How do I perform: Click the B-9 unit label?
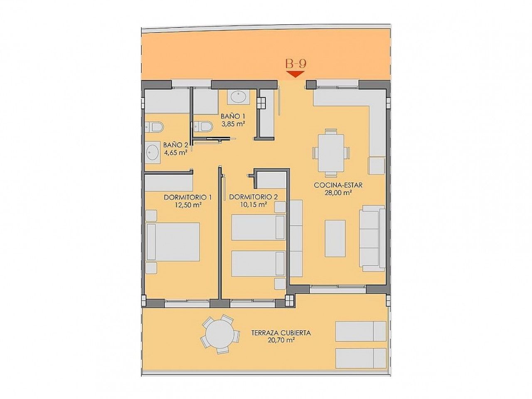pyautogui.click(x=296, y=64)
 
